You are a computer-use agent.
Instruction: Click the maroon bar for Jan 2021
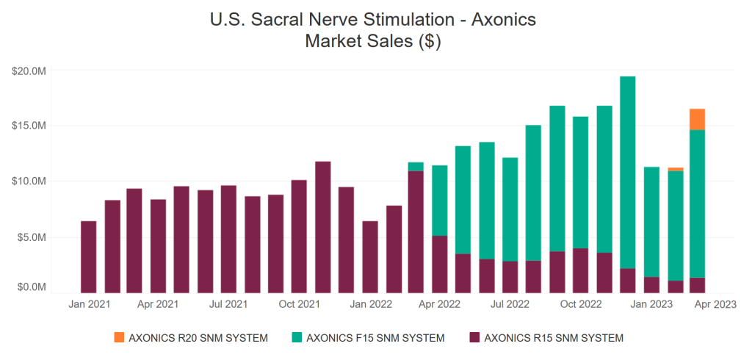[88, 257]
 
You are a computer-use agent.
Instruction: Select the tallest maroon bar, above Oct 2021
[322, 228]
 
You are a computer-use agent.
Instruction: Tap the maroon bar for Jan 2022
[369, 257]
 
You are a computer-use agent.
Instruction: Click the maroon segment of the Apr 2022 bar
[439, 264]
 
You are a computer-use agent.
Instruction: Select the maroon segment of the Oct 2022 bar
[580, 271]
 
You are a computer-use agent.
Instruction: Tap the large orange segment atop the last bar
[697, 119]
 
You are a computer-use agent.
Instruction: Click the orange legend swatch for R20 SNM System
[119, 338]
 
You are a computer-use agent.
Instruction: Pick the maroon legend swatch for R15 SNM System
[474, 338]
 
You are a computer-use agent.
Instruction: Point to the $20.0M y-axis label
[29, 71]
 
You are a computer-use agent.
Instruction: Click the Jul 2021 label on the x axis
[228, 303]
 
